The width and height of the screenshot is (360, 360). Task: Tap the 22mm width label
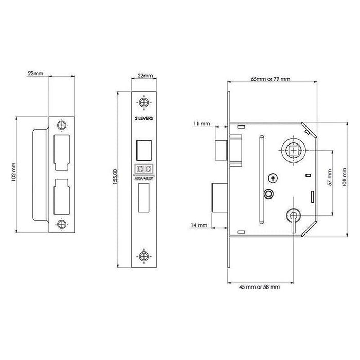[x=146, y=76]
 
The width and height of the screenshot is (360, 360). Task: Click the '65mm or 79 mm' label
[x=271, y=79]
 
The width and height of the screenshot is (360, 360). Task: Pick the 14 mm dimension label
[x=200, y=225]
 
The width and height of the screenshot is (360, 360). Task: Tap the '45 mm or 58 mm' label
[x=259, y=287]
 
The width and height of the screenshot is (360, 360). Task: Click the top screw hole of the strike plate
[x=62, y=125]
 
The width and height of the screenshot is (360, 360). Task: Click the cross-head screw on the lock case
[x=272, y=177]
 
